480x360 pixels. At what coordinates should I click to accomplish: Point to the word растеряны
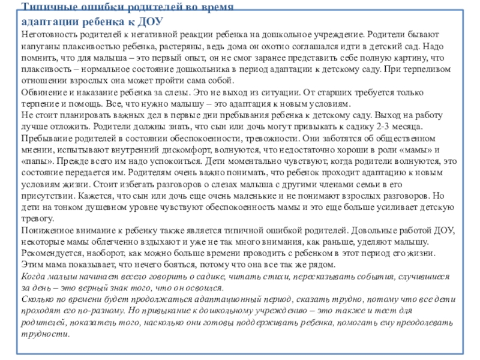click(184, 46)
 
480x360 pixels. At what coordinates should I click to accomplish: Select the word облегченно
click(106, 241)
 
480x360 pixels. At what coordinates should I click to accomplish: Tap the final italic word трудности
click(41, 334)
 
